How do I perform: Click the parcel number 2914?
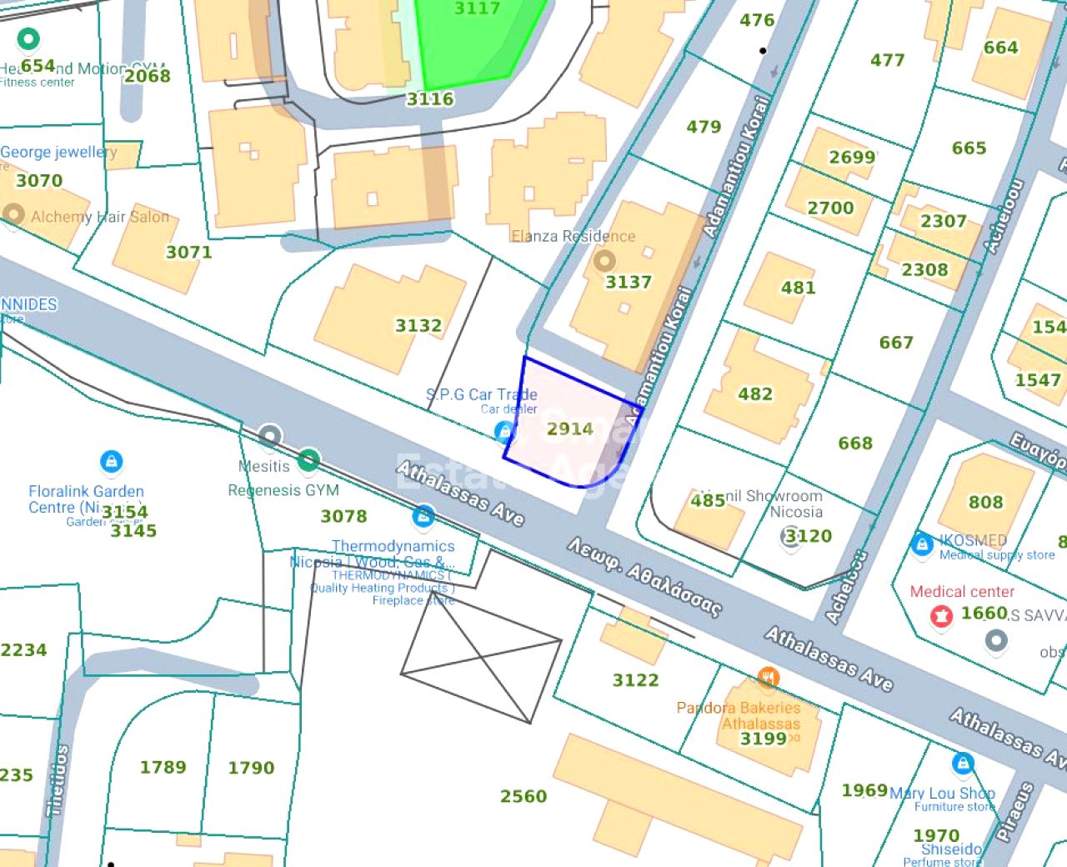[x=570, y=428]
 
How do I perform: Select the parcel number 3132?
[x=418, y=325]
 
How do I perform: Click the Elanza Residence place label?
[x=574, y=236]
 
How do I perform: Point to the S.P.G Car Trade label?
[x=482, y=394]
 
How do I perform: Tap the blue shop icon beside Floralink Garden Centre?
[x=111, y=461]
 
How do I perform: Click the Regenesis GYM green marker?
[x=308, y=459]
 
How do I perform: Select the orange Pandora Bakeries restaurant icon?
[x=768, y=678]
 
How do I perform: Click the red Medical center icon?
[x=941, y=616]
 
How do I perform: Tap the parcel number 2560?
[x=523, y=796]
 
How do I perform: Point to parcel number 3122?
[x=635, y=680]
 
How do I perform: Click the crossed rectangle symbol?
[x=481, y=659]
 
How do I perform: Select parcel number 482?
[x=755, y=393]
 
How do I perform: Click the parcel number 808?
[x=985, y=502]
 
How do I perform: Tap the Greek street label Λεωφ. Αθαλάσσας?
[x=644, y=576]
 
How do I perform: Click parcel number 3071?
[x=188, y=252]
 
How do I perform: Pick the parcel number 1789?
[x=163, y=767]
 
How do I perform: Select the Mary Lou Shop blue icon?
[x=963, y=763]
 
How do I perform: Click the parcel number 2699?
[x=852, y=157]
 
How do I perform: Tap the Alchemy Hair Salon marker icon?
[x=13, y=214]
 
